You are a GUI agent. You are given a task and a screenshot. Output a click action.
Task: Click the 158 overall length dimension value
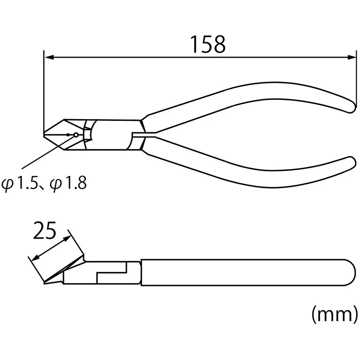(208, 45)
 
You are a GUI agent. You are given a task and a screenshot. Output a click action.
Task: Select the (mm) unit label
(334, 314)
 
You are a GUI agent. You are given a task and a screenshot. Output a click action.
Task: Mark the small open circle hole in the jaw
(76, 135)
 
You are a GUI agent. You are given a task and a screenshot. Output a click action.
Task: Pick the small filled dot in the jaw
(68, 135)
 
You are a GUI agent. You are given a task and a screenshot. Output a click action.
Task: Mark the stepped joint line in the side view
(112, 272)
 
